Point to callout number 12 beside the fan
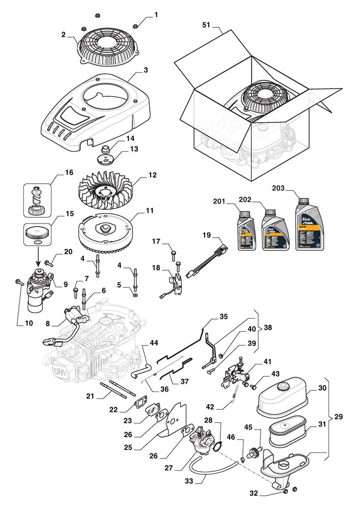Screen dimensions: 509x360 click(x=152, y=175)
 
